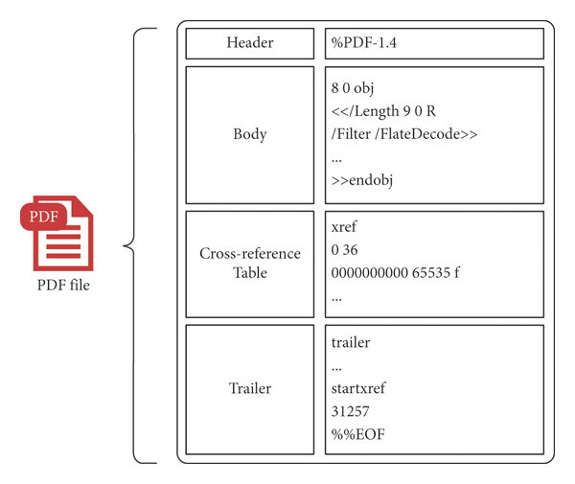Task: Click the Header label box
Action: tap(249, 43)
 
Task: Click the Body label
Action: tap(249, 134)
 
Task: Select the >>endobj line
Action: tap(365, 179)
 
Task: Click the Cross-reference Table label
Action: tap(249, 264)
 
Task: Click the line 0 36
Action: tap(346, 252)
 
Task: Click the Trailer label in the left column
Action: tap(249, 388)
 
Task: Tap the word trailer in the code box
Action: tap(351, 342)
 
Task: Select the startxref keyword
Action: tap(359, 388)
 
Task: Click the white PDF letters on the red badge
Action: tap(44, 217)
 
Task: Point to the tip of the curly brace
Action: tap(125, 246)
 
